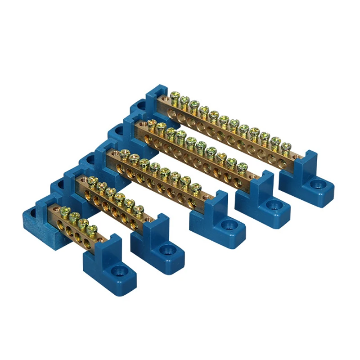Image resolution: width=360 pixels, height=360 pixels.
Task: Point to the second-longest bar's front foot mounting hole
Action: click(x=271, y=205)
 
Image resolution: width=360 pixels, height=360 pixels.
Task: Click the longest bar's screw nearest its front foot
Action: click(x=286, y=146)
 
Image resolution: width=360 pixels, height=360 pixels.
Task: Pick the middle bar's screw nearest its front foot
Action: click(x=195, y=187)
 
